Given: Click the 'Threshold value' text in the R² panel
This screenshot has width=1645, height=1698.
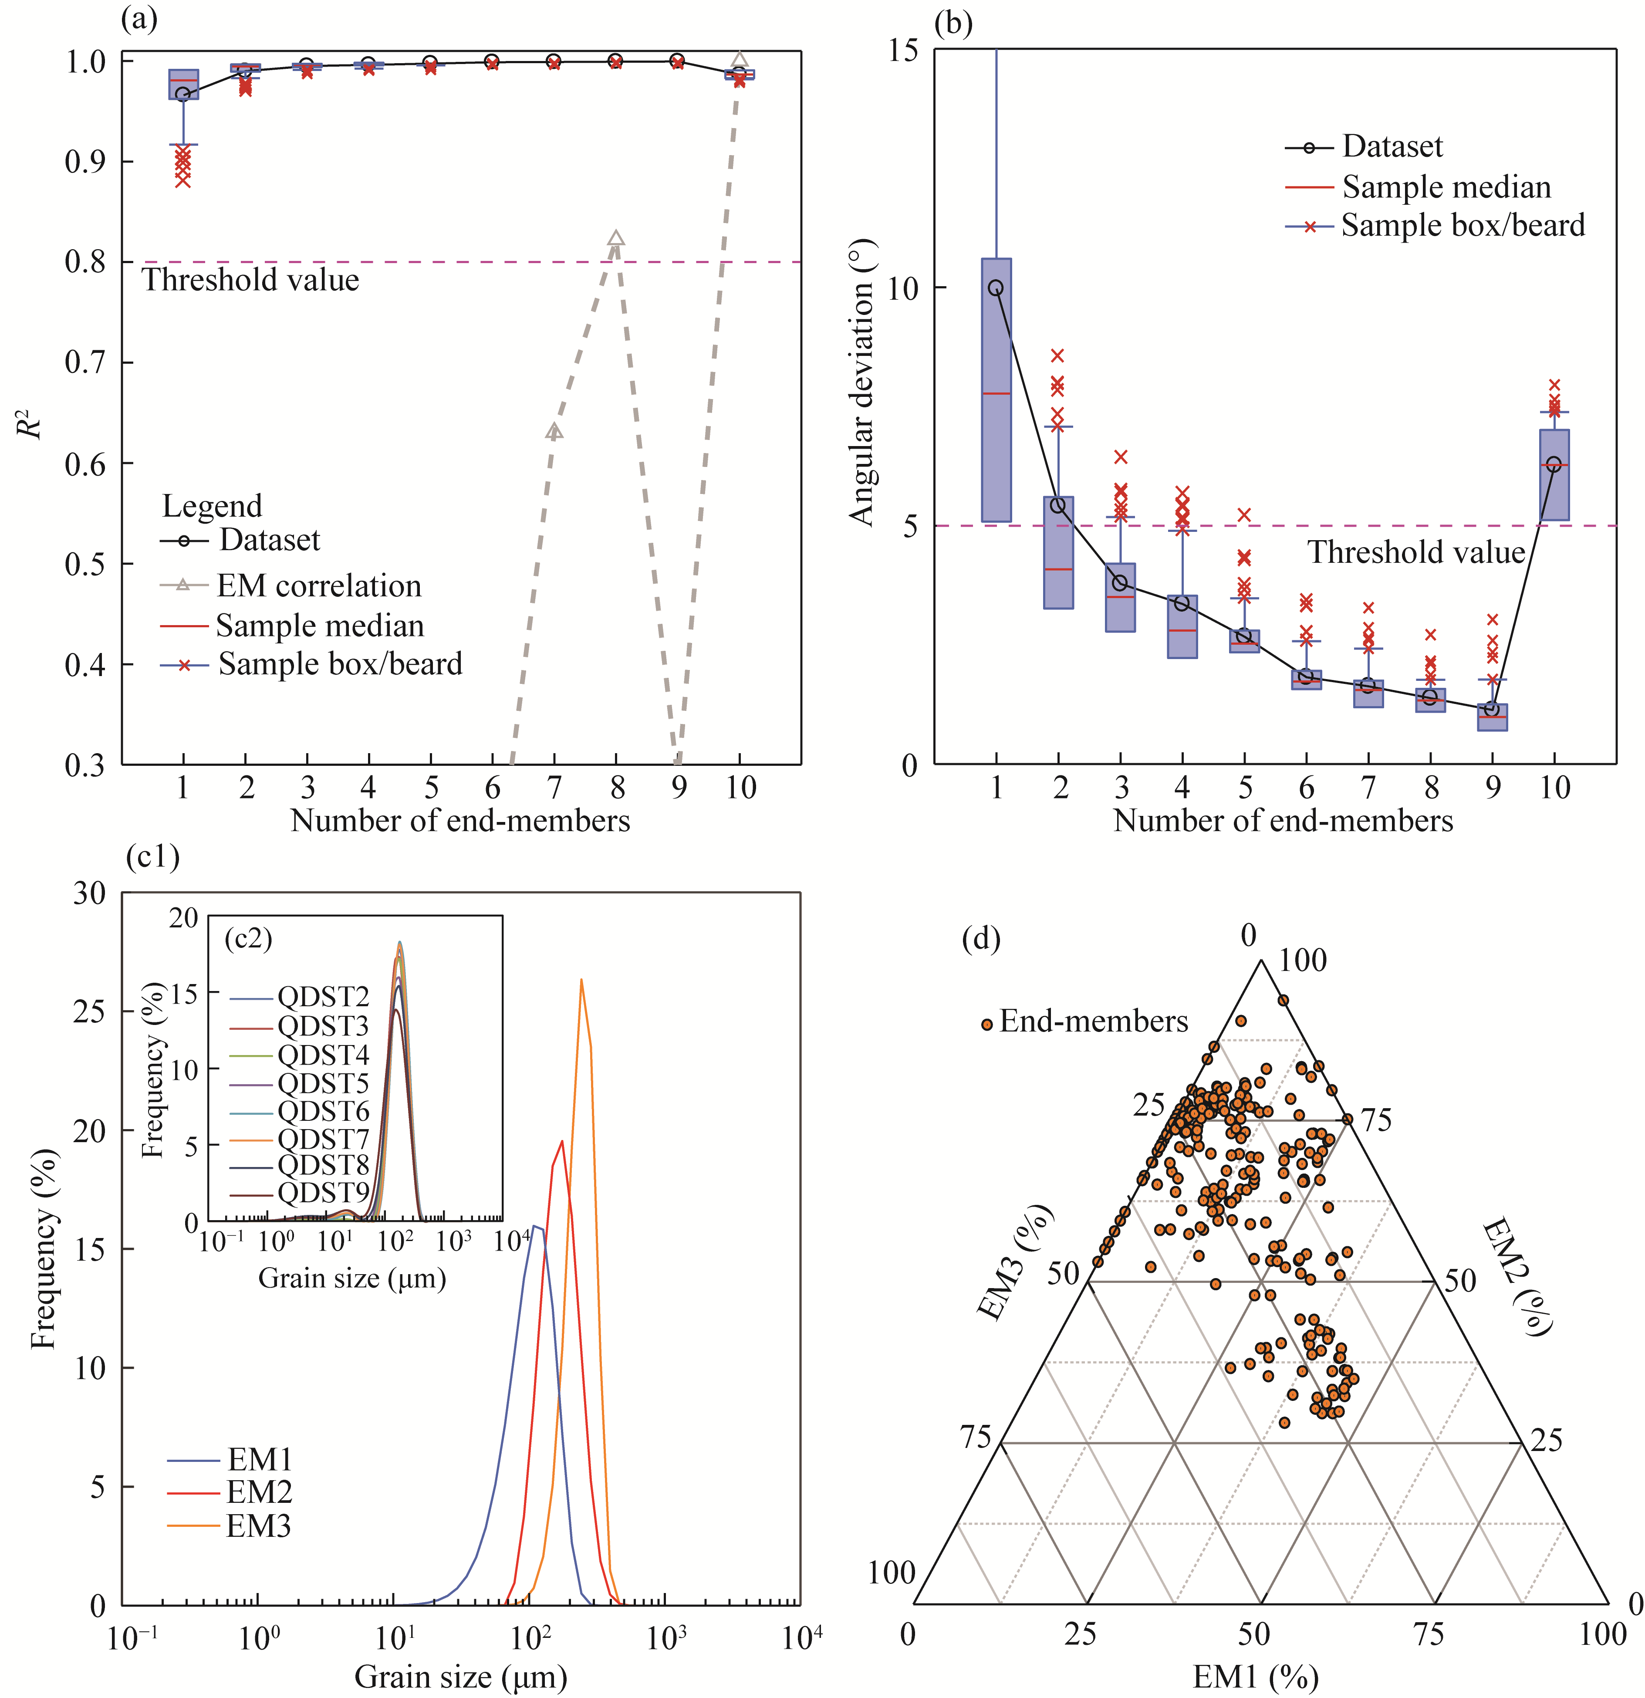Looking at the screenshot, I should (250, 280).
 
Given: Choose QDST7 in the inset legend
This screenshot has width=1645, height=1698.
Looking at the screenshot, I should (322, 1138).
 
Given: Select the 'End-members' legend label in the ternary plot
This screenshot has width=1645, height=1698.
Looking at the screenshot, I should (1093, 1022).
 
